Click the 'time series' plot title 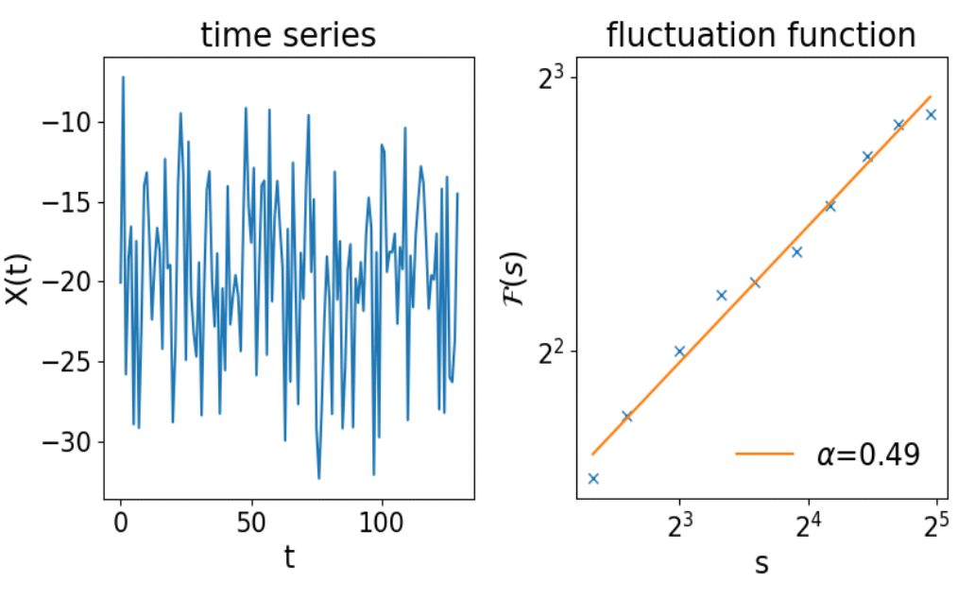click(x=288, y=35)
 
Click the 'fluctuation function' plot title click(x=761, y=35)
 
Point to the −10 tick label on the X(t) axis click(x=67, y=122)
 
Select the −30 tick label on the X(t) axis click(x=67, y=442)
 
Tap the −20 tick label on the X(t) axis click(x=67, y=282)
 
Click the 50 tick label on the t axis click(x=251, y=523)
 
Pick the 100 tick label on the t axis click(x=382, y=523)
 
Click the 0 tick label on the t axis click(x=121, y=523)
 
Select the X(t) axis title click(x=18, y=280)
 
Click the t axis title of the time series click(x=289, y=556)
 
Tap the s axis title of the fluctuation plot click(x=761, y=563)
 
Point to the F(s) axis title click(x=515, y=280)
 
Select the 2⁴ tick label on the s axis click(x=808, y=524)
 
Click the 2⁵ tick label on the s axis click(x=936, y=524)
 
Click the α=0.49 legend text click(x=868, y=454)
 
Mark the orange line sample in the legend click(x=764, y=454)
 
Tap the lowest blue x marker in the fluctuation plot click(x=593, y=479)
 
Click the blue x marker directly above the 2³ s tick click(x=679, y=351)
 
